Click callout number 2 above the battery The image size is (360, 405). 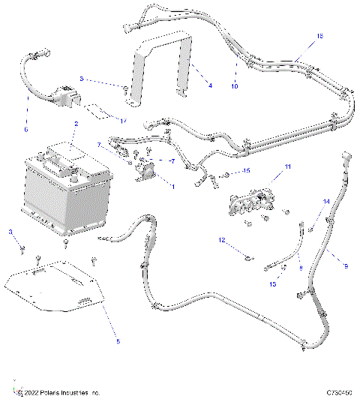click(x=76, y=122)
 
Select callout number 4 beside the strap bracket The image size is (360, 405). click(x=210, y=85)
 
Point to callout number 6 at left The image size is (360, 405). click(x=25, y=129)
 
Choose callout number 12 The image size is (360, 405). click(x=222, y=241)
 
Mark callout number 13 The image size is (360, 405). click(x=272, y=284)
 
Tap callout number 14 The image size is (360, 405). click(x=326, y=202)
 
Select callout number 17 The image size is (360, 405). click(x=124, y=120)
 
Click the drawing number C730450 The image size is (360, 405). click(x=340, y=393)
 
